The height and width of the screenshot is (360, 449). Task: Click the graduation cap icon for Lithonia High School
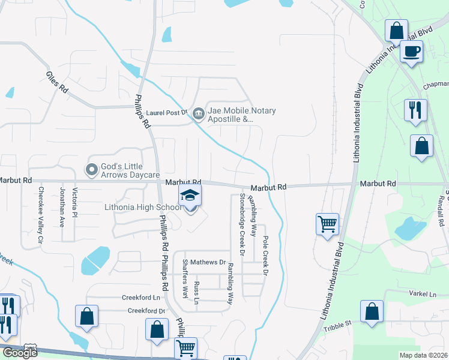click(190, 196)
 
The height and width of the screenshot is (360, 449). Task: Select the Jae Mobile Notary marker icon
click(198, 111)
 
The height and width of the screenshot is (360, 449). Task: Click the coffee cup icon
click(411, 52)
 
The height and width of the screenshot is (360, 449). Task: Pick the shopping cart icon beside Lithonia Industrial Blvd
click(328, 224)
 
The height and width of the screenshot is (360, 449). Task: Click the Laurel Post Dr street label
click(167, 112)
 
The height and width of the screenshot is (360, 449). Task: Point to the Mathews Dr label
click(210, 262)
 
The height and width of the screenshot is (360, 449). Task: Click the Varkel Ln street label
click(424, 294)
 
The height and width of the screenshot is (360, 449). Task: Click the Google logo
click(20, 353)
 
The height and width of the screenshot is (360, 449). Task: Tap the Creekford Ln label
click(142, 297)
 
